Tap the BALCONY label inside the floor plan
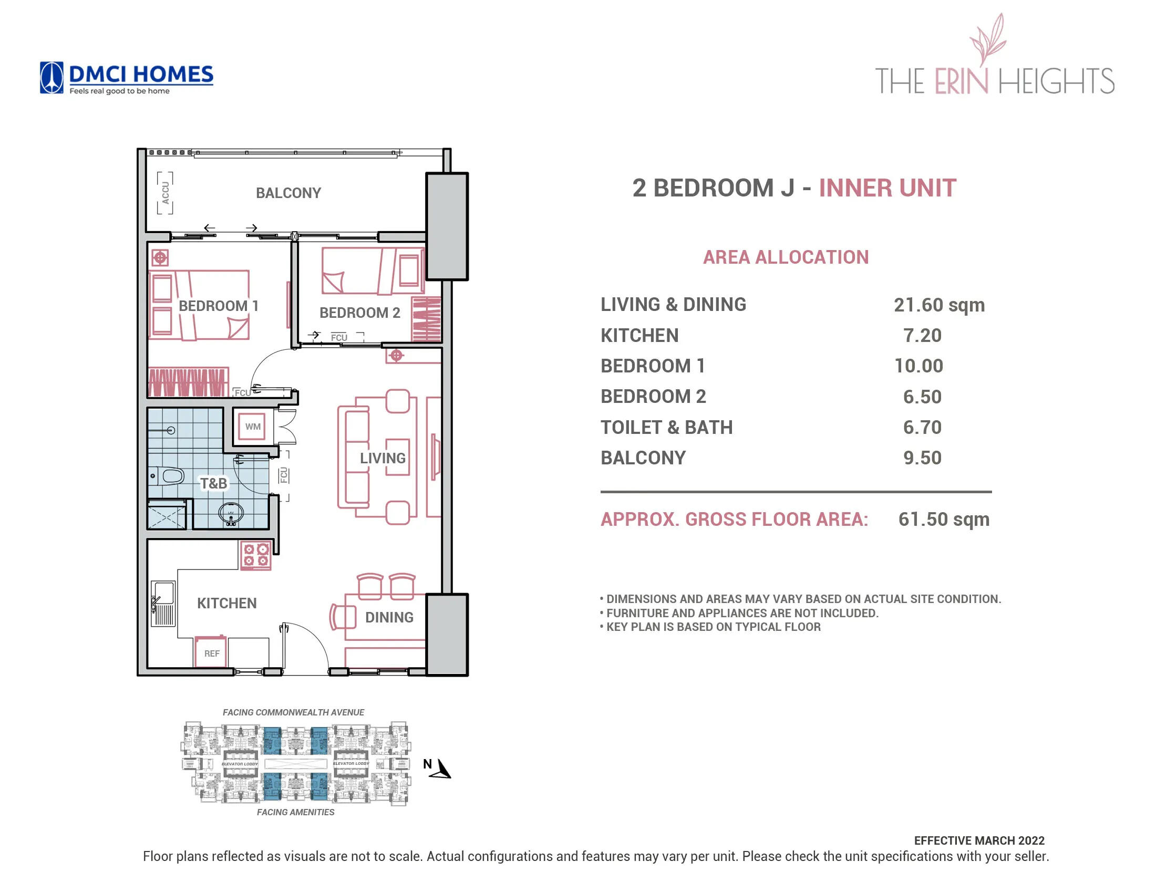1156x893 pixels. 288,193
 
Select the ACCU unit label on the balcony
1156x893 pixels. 165,193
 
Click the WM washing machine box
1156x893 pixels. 252,427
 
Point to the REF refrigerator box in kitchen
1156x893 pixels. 211,653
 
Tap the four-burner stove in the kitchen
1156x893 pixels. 256,555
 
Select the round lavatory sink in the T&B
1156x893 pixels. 231,513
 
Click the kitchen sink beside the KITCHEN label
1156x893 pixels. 163,603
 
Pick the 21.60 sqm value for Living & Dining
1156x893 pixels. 938,305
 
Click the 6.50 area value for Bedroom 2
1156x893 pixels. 922,397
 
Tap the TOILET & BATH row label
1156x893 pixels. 666,428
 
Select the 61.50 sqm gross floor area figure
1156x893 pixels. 943,520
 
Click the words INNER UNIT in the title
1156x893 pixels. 887,189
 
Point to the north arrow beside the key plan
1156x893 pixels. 440,769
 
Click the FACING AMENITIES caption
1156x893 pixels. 295,812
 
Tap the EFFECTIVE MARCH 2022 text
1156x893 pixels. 979,840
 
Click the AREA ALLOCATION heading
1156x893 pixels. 786,257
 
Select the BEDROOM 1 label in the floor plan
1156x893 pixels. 218,306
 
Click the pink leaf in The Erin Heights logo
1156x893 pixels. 989,40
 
